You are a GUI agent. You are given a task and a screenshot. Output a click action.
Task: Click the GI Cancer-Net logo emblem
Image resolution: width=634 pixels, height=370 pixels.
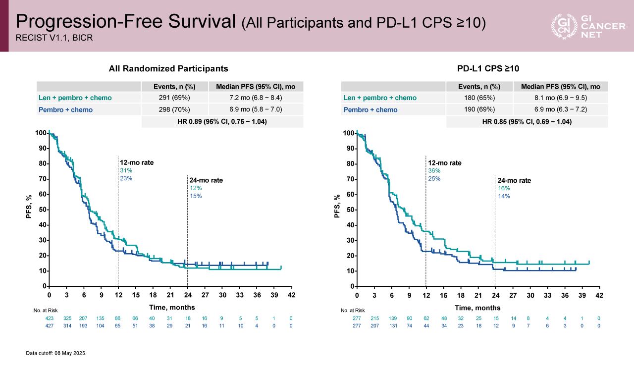(563, 26)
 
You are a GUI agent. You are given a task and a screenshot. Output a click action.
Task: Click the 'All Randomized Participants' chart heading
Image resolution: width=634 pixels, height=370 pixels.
(168, 69)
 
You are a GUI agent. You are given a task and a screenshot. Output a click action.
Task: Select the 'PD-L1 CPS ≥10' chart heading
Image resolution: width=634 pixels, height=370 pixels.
(488, 69)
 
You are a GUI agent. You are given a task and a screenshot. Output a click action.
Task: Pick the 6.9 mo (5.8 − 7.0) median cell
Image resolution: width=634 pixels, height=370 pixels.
(256, 109)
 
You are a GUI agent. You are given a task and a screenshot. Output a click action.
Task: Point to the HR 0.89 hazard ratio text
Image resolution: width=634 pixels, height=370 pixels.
(222, 121)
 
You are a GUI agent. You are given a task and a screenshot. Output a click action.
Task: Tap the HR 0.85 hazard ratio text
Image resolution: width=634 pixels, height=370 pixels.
(527, 121)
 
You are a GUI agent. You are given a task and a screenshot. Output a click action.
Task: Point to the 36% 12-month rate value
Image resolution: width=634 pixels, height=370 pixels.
(434, 171)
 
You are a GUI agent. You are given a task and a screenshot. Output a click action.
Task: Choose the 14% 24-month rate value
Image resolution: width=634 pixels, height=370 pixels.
(504, 196)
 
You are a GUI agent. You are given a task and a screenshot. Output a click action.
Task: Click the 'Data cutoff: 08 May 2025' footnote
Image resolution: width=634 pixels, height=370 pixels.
(56, 353)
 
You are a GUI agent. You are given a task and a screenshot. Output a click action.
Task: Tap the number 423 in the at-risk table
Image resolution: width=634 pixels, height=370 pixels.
(50, 318)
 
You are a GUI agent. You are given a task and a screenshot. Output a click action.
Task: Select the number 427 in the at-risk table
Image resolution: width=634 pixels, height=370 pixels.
(50, 325)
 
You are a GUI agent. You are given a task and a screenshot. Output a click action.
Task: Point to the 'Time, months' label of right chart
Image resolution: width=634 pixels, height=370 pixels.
(477, 307)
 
